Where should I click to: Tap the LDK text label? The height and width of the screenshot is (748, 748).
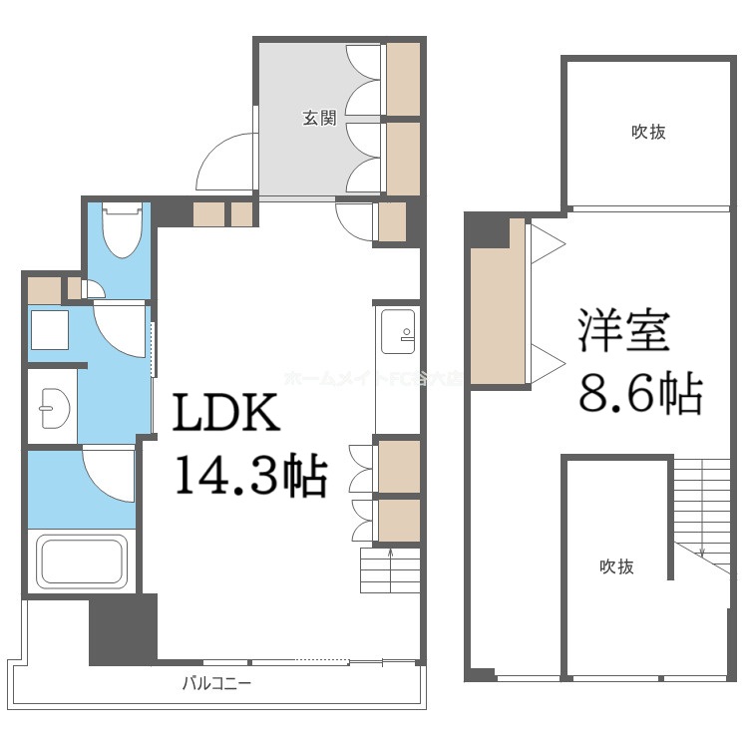[x=226, y=415]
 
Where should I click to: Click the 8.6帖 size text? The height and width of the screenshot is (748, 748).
[x=641, y=394]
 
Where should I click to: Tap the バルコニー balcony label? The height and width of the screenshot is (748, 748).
[x=216, y=684]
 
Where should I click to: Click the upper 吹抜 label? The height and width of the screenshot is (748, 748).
[x=648, y=132]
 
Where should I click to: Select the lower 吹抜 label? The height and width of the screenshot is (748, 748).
[x=616, y=566]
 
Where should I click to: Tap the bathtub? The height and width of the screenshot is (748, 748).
[x=82, y=562]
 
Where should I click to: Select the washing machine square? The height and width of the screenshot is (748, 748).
[x=48, y=329]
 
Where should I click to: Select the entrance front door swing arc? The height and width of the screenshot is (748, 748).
[x=221, y=162]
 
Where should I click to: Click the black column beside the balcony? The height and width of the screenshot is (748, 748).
[x=123, y=629]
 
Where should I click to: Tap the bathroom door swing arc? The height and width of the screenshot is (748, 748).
[x=110, y=469]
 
